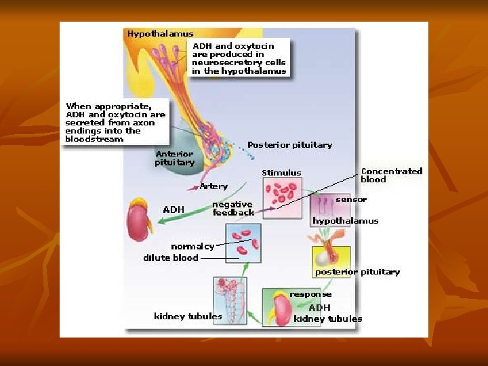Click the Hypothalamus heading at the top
tap(161, 33)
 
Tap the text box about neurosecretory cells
tap(239, 58)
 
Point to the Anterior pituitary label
tap(174, 158)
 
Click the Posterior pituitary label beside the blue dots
tap(289, 145)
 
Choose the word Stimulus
tap(281, 173)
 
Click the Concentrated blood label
tap(392, 175)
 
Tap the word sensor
tap(351, 199)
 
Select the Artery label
tap(213, 186)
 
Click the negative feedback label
tap(232, 208)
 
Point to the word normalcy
tap(192, 246)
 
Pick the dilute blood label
tap(171, 258)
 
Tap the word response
tap(310, 294)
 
